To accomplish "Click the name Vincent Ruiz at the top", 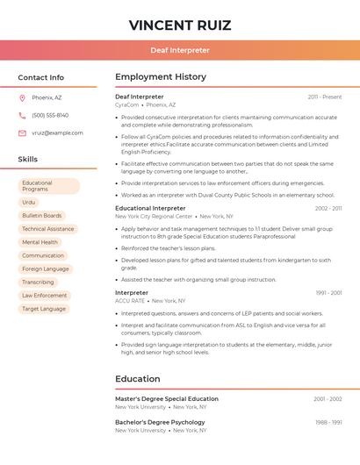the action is tap(179, 25).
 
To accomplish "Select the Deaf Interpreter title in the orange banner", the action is tap(179, 50).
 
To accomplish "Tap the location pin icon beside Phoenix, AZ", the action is tap(22, 97).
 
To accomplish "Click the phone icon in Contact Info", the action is tap(22, 115).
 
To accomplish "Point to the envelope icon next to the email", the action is tap(22, 133).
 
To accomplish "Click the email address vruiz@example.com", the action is tap(57, 133).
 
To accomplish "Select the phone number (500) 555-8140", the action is tap(50, 115).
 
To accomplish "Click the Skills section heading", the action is tap(28, 160).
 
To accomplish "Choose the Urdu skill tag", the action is tap(29, 202).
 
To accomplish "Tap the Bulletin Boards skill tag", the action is tap(41, 215).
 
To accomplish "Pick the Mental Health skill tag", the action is tap(40, 242).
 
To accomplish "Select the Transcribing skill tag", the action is tap(38, 282).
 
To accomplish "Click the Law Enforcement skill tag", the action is tap(44, 295).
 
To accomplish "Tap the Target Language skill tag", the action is tap(44, 309).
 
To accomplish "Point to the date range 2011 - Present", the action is tap(324, 97).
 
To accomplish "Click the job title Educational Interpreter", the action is tap(150, 208).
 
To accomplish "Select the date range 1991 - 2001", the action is tap(328, 292).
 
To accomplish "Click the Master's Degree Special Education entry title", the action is tap(167, 399).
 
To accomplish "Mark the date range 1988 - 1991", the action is tap(328, 422).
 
